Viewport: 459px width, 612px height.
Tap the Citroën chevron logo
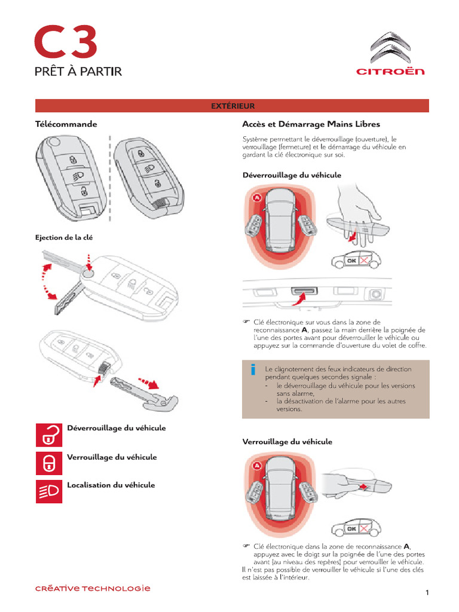[x=390, y=47]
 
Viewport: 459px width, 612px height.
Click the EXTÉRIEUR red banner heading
[x=232, y=106]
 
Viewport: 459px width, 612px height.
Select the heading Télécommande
[x=66, y=124]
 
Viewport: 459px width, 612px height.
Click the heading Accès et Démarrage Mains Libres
[x=311, y=124]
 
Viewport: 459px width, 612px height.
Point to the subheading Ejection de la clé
[x=65, y=237]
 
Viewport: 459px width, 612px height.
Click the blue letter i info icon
[x=253, y=371]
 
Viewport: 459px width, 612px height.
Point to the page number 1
[x=427, y=592]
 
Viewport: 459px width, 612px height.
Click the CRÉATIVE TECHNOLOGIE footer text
[x=92, y=588]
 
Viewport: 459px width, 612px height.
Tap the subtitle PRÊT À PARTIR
[x=78, y=72]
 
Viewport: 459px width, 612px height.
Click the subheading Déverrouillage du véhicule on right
[x=292, y=175]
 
